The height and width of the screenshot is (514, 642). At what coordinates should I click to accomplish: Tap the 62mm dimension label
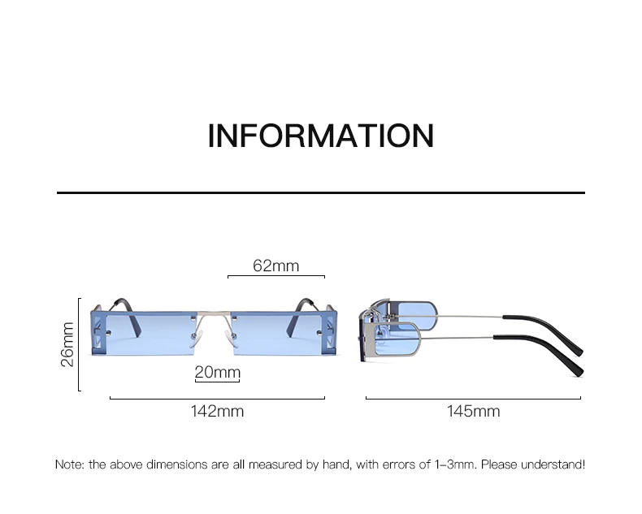coord(275,266)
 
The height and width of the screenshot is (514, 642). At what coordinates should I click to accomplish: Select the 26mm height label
coord(67,344)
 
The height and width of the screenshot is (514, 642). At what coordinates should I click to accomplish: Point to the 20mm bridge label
coord(217,372)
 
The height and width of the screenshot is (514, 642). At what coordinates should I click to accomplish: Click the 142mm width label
coord(217,411)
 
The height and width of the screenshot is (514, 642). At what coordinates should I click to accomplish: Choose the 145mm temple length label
coord(473,411)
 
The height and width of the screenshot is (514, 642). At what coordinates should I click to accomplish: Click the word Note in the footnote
coord(69,464)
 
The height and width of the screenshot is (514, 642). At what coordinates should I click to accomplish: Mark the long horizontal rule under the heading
coord(320,193)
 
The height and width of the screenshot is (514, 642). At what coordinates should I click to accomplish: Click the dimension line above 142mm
coord(217,399)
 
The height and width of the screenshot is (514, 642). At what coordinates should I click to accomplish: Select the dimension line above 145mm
coord(473,399)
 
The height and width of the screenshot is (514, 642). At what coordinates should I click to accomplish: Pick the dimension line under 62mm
coord(275,277)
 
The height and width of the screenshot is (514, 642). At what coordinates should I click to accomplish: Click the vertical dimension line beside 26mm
coord(79,344)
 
